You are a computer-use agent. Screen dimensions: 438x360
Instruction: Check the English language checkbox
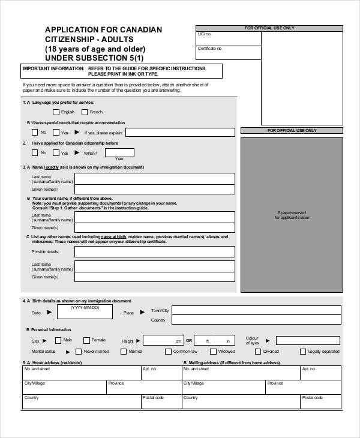point(56,112)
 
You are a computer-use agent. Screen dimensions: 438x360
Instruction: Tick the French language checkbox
point(85,112)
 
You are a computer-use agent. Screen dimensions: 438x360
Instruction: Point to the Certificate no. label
point(210,48)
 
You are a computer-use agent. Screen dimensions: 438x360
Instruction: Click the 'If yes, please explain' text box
point(181,132)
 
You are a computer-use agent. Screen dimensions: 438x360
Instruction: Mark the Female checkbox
point(86,340)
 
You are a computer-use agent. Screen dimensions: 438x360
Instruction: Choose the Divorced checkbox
point(257,352)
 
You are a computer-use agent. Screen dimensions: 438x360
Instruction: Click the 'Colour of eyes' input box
point(302,340)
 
